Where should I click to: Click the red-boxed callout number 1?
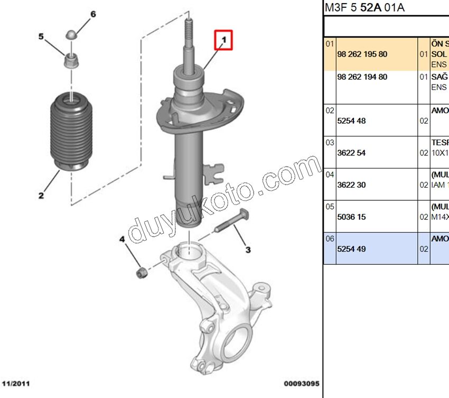223,40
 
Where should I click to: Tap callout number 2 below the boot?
41,196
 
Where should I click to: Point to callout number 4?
122,239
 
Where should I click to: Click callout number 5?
41,36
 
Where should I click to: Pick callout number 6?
93,14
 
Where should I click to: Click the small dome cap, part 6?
71,35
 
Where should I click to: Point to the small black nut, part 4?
141,273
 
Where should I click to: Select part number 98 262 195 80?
362,54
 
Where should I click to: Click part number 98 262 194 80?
362,77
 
